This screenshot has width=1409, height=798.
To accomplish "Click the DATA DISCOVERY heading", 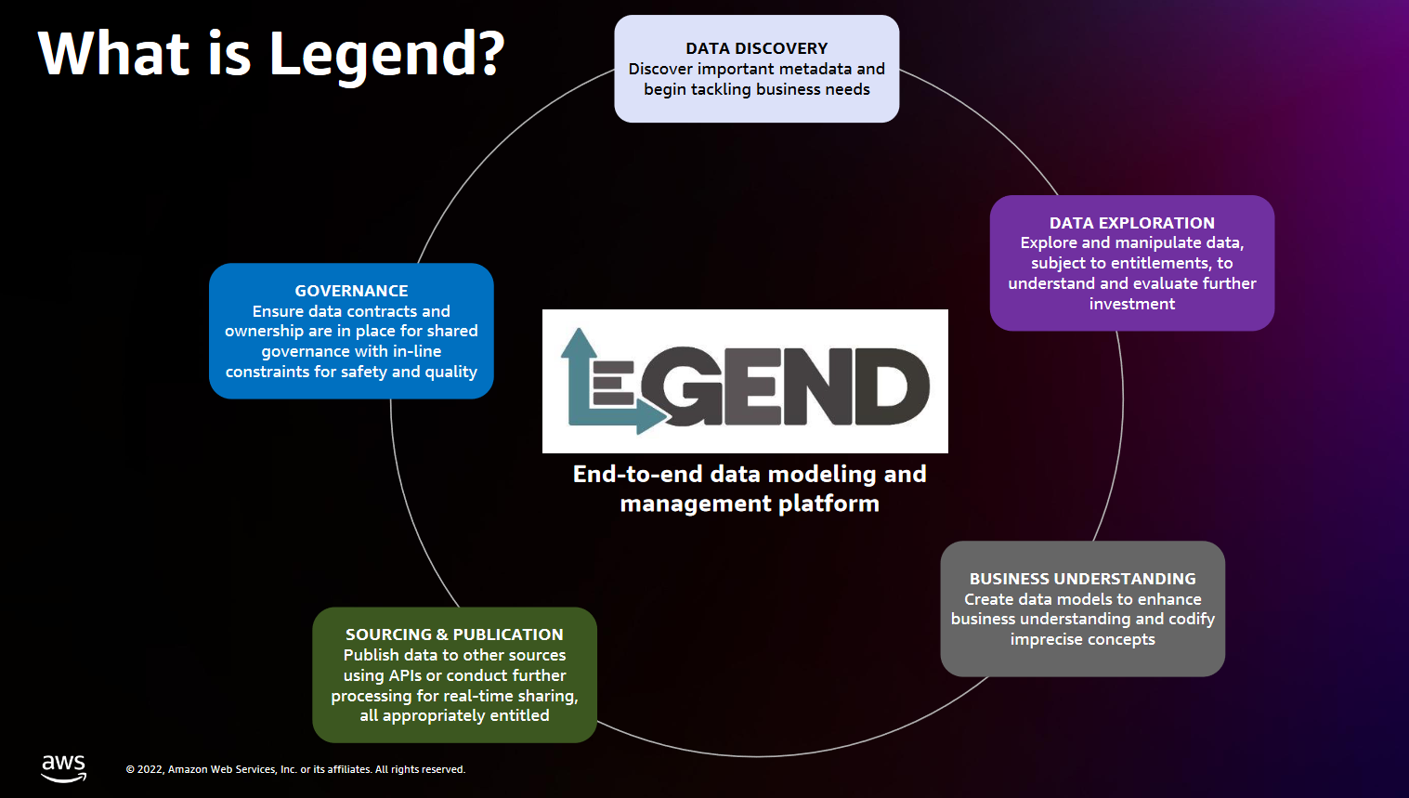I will click(756, 48).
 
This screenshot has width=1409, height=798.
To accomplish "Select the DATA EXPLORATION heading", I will click(1131, 223).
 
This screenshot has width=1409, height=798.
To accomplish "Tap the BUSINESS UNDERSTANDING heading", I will click(1082, 579).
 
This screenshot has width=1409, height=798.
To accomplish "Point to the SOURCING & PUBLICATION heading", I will click(454, 634).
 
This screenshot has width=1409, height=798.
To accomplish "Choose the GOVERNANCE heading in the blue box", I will click(351, 291).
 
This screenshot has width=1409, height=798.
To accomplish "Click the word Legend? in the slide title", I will click(386, 54).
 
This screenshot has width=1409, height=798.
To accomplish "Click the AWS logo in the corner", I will click(63, 767).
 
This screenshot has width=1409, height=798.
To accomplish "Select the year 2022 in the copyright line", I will click(150, 769).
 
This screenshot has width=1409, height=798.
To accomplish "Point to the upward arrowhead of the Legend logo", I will click(579, 342).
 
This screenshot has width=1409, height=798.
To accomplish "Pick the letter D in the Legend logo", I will click(886, 386).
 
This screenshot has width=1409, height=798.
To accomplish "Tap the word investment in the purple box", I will click(1131, 304).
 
